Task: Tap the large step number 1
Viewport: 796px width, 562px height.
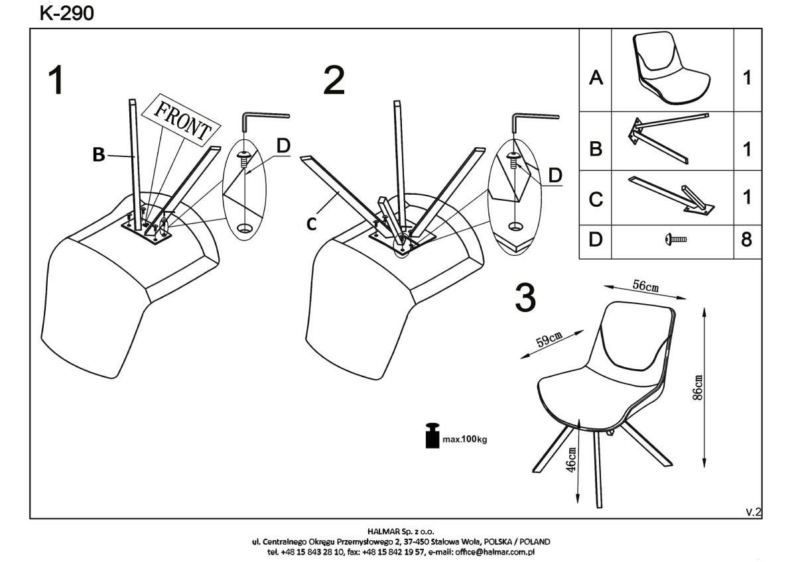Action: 58,81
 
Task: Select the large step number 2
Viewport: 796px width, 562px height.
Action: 334,81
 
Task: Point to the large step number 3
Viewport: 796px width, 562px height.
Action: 525,298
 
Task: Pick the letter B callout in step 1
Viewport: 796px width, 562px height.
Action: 98,156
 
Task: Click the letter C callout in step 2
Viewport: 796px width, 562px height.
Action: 312,225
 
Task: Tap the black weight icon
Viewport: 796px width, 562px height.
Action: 432,436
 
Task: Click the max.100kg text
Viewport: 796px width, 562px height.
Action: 464,439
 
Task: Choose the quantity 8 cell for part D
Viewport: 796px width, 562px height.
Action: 747,240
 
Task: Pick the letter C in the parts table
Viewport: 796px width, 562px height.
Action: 596,199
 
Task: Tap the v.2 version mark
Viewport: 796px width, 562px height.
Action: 754,511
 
